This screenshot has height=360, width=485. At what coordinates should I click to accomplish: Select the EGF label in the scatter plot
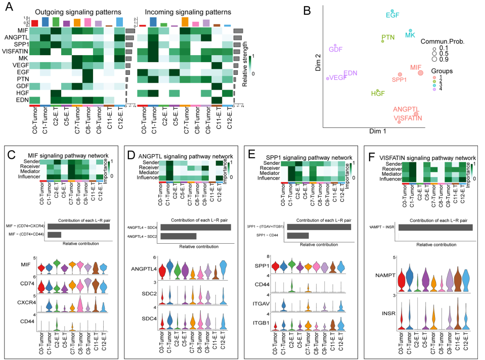point(392,15)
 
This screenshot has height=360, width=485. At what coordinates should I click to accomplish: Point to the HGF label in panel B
point(378,94)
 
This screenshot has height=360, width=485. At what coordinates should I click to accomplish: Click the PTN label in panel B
point(388,38)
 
